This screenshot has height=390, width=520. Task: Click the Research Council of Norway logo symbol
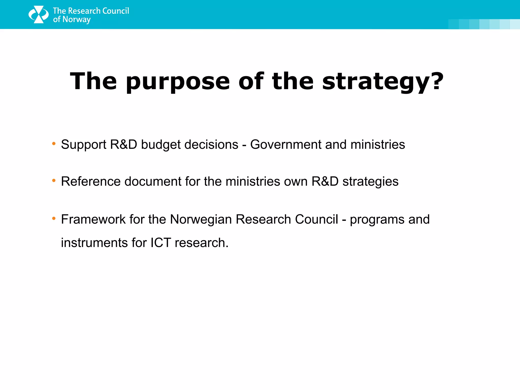[x=38, y=14]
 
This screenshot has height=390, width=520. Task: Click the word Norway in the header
[x=76, y=20]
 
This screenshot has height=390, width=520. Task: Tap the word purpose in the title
[x=178, y=82]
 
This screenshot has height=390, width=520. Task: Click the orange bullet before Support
[x=54, y=144]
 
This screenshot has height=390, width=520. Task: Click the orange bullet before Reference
[x=54, y=181]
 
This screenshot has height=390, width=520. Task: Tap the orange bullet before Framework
[x=54, y=218]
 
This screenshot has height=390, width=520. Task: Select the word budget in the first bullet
[x=161, y=145]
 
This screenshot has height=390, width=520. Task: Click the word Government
[x=286, y=144]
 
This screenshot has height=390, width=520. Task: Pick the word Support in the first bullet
[x=84, y=145]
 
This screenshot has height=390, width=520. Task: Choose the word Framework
[x=93, y=219]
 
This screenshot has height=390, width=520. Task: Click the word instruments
[x=94, y=243]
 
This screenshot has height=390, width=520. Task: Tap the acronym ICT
[x=160, y=243]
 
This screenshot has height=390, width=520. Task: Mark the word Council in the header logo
[x=116, y=11]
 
